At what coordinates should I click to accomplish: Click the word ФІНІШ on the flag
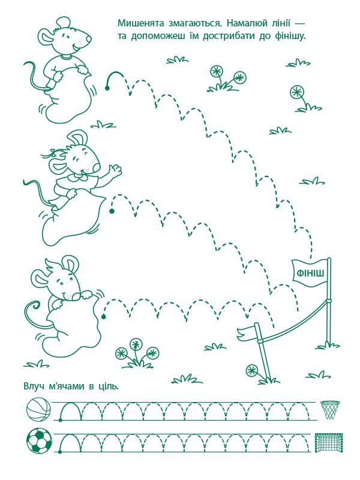[x=310, y=272]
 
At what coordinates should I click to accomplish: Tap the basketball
[x=38, y=409]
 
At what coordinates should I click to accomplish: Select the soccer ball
[x=39, y=440]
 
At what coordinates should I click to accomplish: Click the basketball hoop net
[x=330, y=409]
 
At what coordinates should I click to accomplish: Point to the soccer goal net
[x=329, y=442]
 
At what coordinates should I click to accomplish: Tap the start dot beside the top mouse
[x=107, y=88]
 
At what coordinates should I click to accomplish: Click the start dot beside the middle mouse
[x=112, y=211]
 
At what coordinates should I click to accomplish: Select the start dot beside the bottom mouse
[x=103, y=316]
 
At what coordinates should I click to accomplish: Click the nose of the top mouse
[x=89, y=38]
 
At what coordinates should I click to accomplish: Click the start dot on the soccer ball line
[x=60, y=451]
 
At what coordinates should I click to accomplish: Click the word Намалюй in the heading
[x=251, y=23]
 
